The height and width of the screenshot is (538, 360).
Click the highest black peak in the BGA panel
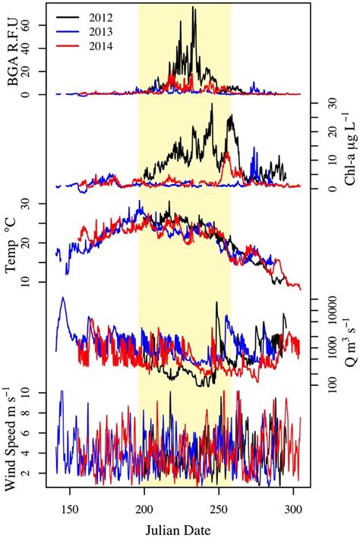[194, 8]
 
